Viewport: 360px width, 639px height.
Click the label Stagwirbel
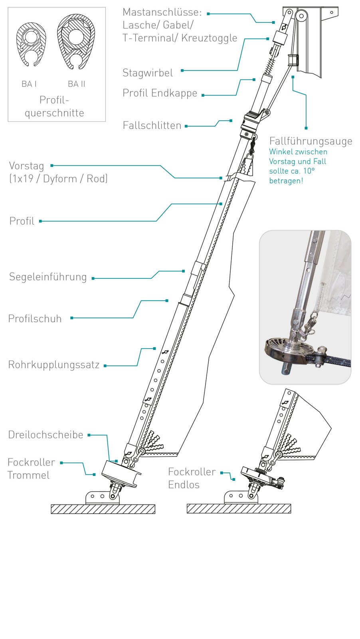coord(148,73)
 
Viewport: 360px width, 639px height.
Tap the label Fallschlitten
coord(152,125)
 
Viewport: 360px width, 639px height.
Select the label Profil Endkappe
coord(160,93)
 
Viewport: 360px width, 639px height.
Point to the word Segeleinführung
coord(48,277)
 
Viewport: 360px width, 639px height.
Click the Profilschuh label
coord(35,319)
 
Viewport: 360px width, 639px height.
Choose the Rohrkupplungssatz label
coord(54,365)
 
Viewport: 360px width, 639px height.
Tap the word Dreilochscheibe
coord(46,435)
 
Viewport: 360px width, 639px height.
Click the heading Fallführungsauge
coord(311,141)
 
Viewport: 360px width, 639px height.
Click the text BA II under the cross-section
coord(76,84)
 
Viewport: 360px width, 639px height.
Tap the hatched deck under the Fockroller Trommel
coord(103,509)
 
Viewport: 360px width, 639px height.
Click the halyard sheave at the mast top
coord(301,16)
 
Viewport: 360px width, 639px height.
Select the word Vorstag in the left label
coord(26,166)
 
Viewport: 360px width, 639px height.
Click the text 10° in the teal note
coord(309,171)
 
